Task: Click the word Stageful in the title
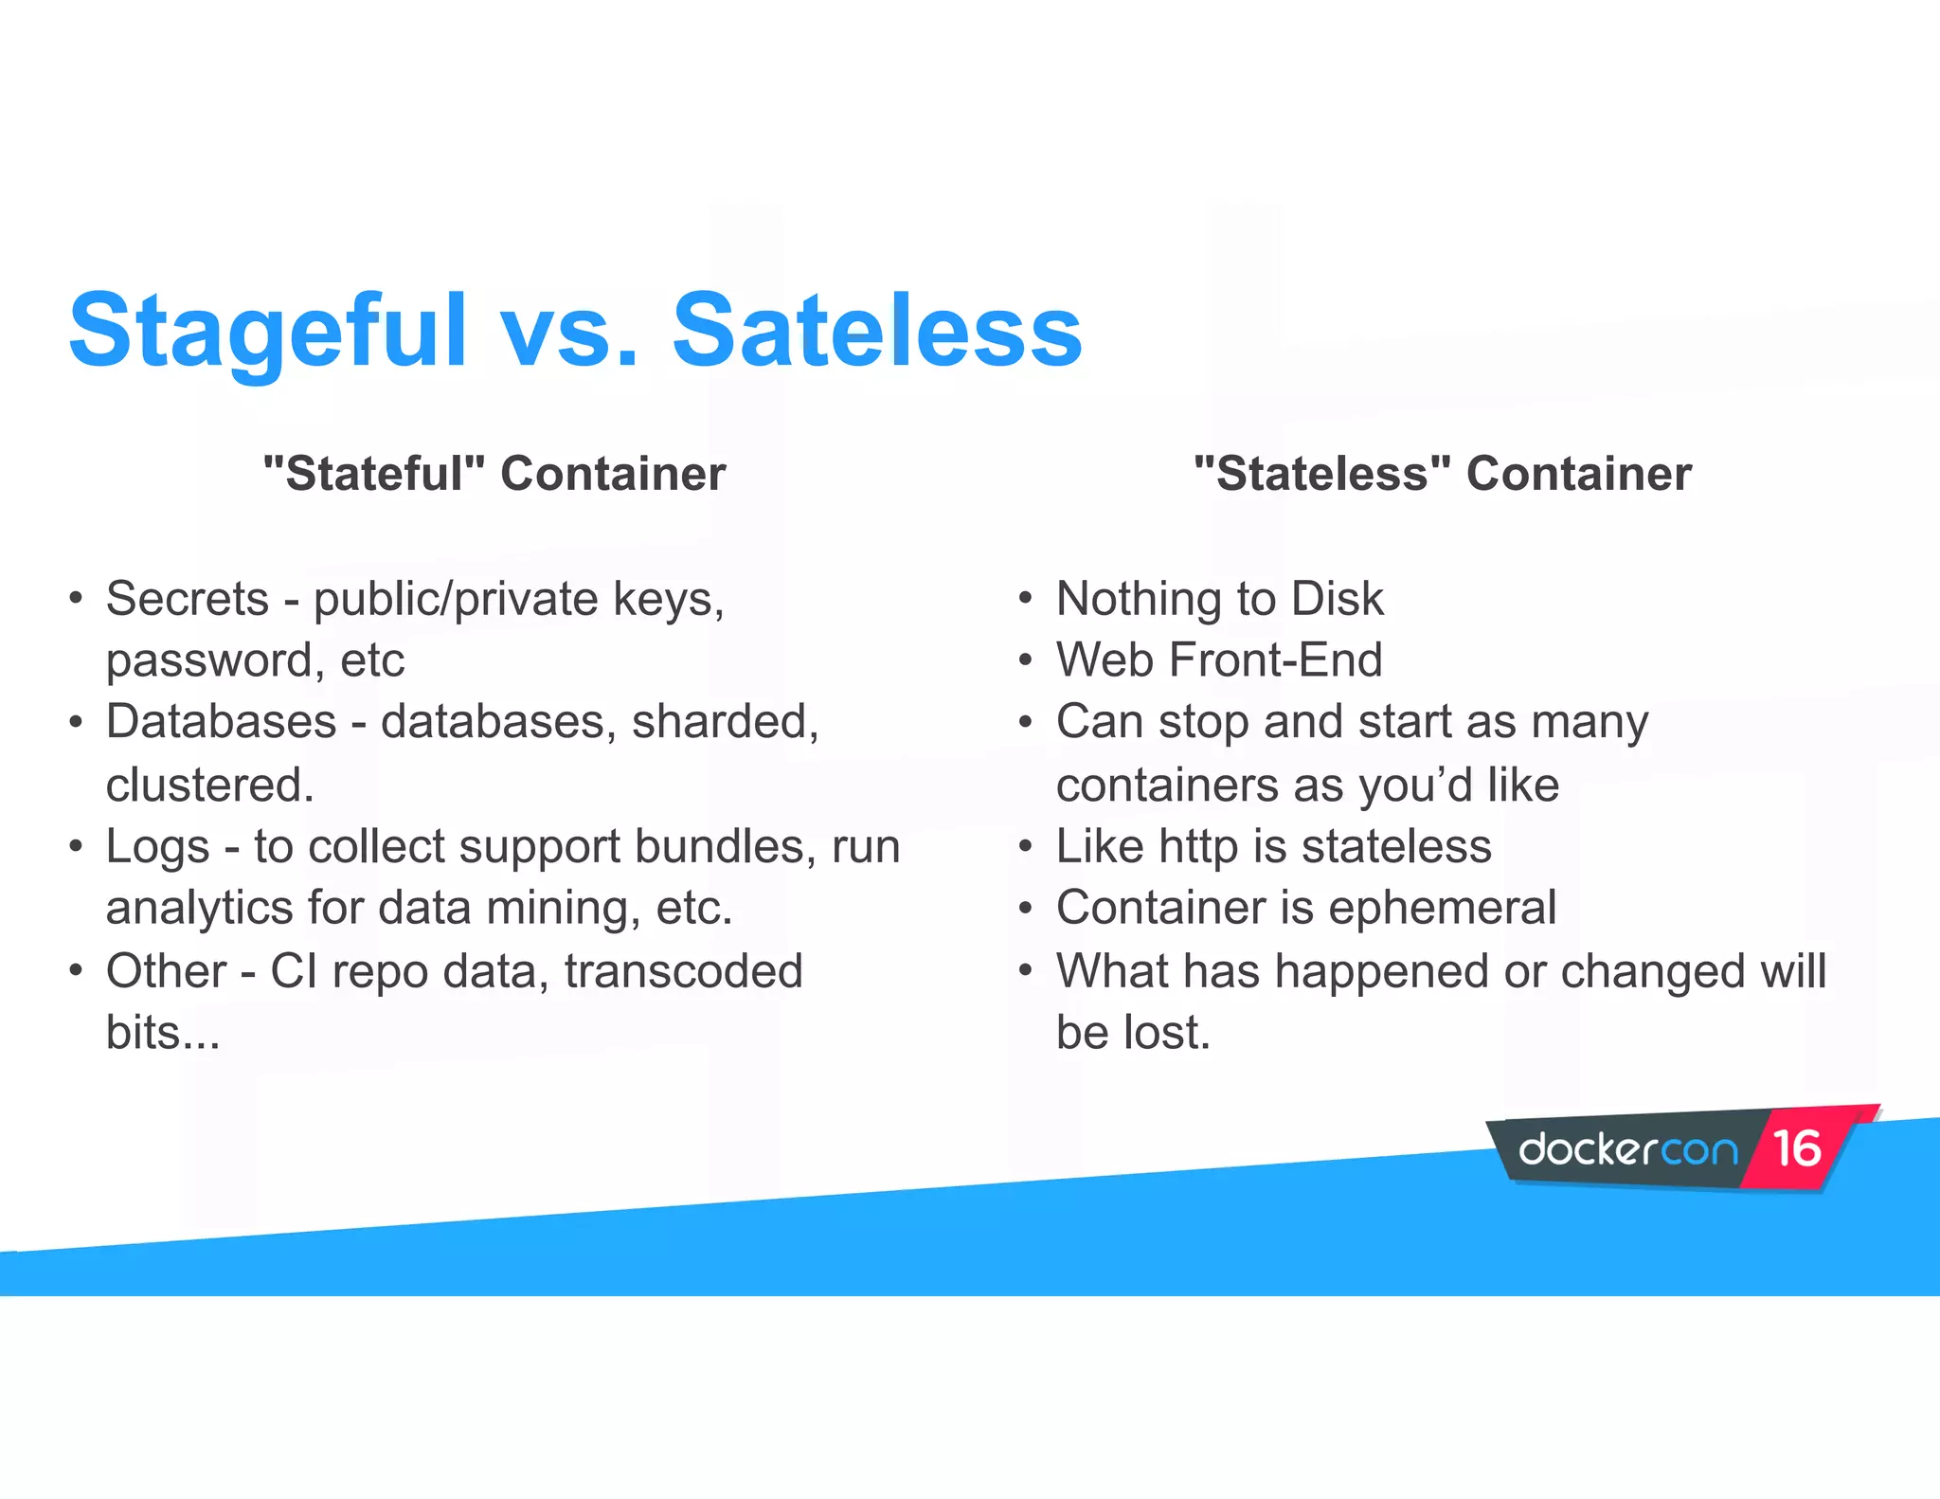click(x=268, y=332)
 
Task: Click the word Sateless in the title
click(x=877, y=332)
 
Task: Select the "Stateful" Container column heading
click(x=494, y=473)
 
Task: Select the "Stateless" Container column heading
click(x=1443, y=473)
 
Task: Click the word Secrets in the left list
click(x=188, y=599)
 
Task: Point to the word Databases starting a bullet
click(x=221, y=722)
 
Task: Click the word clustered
click(x=209, y=785)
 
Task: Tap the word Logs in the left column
click(x=157, y=847)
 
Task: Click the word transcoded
click(x=683, y=971)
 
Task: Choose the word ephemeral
click(x=1442, y=908)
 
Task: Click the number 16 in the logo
click(x=1797, y=1148)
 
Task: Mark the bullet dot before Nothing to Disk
click(x=1025, y=599)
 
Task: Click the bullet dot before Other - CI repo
click(x=76, y=971)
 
